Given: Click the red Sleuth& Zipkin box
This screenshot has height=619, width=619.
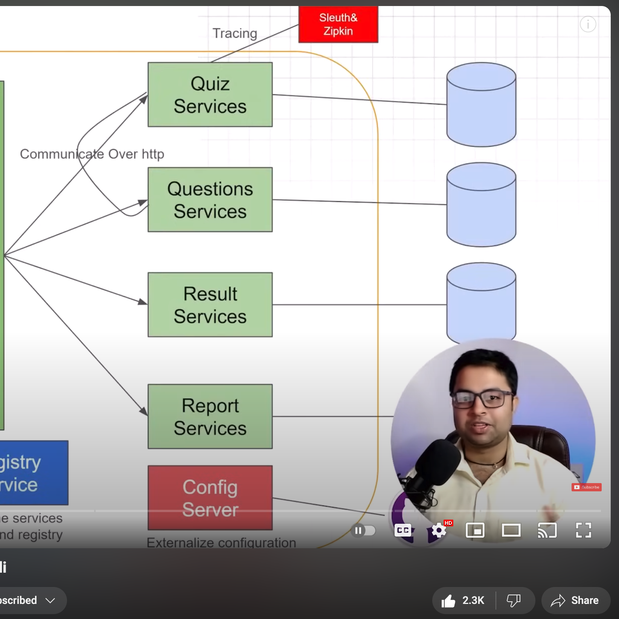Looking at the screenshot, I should pyautogui.click(x=338, y=24).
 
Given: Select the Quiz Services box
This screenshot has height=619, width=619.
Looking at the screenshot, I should pyautogui.click(x=210, y=95).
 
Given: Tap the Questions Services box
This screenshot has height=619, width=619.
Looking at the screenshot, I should pyautogui.click(x=210, y=200).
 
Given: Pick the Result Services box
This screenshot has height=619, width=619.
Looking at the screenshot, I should pyautogui.click(x=210, y=305).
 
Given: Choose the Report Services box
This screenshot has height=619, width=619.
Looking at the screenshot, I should pyautogui.click(x=210, y=416).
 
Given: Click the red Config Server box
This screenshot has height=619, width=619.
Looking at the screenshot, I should pyautogui.click(x=210, y=497).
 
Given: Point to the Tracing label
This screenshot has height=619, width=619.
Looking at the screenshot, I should pyautogui.click(x=235, y=33).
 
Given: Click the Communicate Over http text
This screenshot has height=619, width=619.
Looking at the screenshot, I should pyautogui.click(x=92, y=154).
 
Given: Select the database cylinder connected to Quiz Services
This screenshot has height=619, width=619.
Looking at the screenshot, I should pyautogui.click(x=481, y=105).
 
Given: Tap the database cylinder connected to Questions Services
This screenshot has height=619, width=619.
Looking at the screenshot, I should pyautogui.click(x=481, y=205).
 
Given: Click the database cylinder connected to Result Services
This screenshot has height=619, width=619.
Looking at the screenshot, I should pyautogui.click(x=481, y=303).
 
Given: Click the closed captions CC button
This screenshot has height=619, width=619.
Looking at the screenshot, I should pyautogui.click(x=403, y=531).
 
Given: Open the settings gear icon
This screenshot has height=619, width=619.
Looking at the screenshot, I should pyautogui.click(x=439, y=531).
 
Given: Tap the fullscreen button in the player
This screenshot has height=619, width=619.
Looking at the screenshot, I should pyautogui.click(x=583, y=531).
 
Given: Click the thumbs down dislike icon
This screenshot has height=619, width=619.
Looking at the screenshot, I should pyautogui.click(x=514, y=601).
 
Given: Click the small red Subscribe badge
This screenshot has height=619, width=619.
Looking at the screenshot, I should pyautogui.click(x=586, y=487).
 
